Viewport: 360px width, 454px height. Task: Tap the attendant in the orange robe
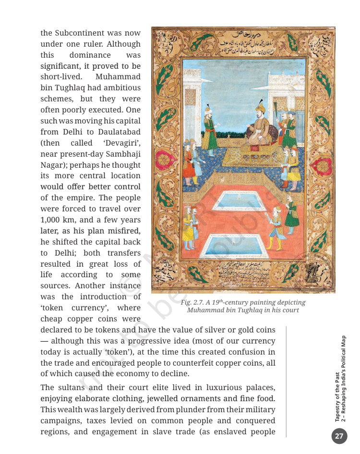189,163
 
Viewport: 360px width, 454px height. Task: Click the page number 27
339,436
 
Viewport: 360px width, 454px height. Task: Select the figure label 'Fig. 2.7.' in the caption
193,302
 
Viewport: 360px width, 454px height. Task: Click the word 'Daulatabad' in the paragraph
119,132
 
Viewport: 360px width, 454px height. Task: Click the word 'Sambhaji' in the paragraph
120,154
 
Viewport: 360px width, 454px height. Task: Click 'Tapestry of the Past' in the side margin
337,396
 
